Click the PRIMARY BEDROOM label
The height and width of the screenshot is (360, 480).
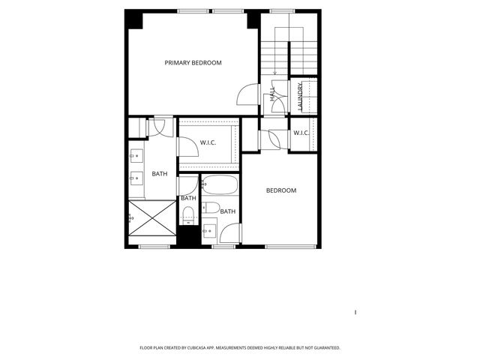coord(193,63)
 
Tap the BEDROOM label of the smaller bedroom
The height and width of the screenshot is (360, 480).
coord(281,190)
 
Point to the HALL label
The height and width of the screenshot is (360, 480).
coord(272,94)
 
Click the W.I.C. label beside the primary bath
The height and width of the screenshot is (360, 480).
coord(208,142)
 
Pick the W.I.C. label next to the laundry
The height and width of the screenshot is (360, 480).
coord(301,133)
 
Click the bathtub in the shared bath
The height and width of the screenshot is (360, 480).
coord(219,185)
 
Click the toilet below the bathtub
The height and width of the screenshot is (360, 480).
coord(212,208)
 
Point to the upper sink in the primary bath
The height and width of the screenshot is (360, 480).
coord(137,157)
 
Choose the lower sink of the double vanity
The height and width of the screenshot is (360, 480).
coord(137,178)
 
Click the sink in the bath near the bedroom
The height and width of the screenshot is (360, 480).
coord(209,229)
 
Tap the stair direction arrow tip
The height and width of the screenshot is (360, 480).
coord(275,74)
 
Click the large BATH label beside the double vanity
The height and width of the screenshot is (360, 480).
coord(160,174)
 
